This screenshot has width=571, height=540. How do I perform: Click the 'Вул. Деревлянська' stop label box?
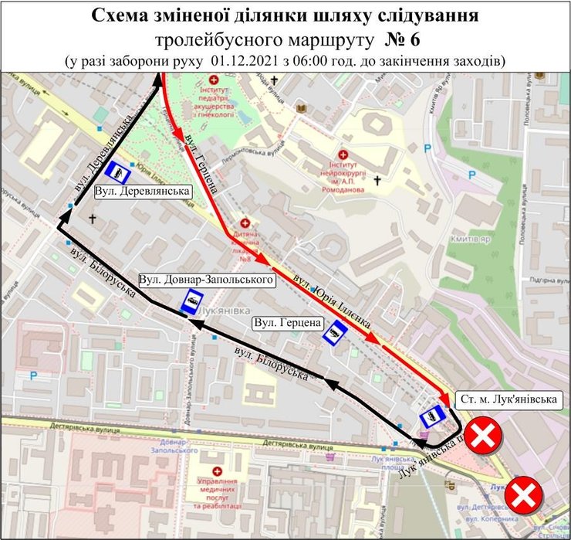click(143, 190)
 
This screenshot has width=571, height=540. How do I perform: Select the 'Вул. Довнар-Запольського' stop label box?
click(208, 278)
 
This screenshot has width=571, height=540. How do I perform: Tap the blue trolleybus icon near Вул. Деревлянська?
click(117, 171)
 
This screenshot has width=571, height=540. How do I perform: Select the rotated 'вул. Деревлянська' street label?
click(103, 158)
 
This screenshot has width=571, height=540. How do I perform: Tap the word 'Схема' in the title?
click(120, 16)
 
